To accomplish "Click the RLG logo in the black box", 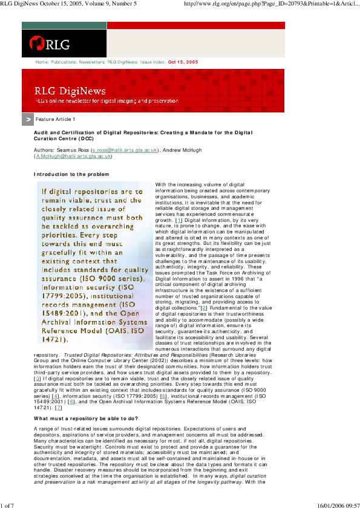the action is pyautogui.click(x=50, y=44).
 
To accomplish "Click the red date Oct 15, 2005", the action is pyautogui.click(x=183, y=62).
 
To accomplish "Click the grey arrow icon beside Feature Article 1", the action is pyautogui.click(x=27, y=120).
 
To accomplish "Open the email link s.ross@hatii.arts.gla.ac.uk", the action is pyautogui.click(x=124, y=149).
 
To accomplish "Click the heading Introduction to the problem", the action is pyautogui.click(x=71, y=174).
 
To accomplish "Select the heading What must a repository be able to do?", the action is pyautogui.click(x=86, y=418).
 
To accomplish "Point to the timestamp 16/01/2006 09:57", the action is pyautogui.click(x=338, y=505).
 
